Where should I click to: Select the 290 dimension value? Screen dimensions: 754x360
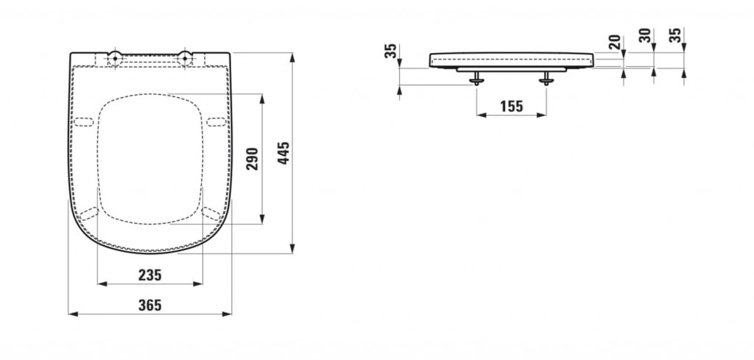[253, 158]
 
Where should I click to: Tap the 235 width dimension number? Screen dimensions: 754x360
[150, 275]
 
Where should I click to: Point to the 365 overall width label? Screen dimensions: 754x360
[150, 305]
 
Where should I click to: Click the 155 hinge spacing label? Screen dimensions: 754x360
[511, 106]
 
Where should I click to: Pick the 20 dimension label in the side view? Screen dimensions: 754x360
[615, 42]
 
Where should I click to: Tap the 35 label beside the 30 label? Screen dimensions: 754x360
[675, 35]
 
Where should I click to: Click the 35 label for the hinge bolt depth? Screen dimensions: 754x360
[391, 51]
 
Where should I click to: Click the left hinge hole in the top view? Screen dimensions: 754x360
[115, 58]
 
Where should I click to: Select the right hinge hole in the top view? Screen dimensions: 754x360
[185, 58]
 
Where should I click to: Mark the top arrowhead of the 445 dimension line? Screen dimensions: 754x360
[292, 57]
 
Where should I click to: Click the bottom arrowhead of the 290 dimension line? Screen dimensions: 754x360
[262, 219]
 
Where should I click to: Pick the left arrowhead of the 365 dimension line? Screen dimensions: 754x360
[73, 314]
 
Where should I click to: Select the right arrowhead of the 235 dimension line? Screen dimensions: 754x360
[198, 284]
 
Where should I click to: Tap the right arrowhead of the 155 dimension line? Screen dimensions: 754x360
[542, 115]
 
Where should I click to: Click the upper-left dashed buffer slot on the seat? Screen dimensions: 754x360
[82, 121]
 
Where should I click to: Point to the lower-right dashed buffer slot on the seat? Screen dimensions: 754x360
[212, 213]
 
